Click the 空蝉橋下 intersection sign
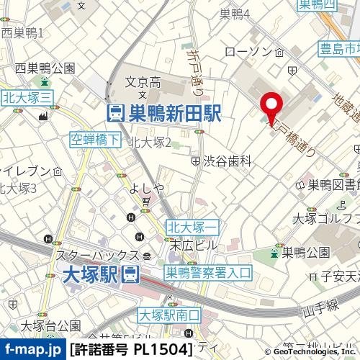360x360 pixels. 96,140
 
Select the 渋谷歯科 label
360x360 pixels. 226,162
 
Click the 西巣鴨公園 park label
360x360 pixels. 46,69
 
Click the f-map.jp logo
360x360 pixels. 32,350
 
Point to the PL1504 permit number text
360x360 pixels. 163,350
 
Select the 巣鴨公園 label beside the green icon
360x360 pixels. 305,252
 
